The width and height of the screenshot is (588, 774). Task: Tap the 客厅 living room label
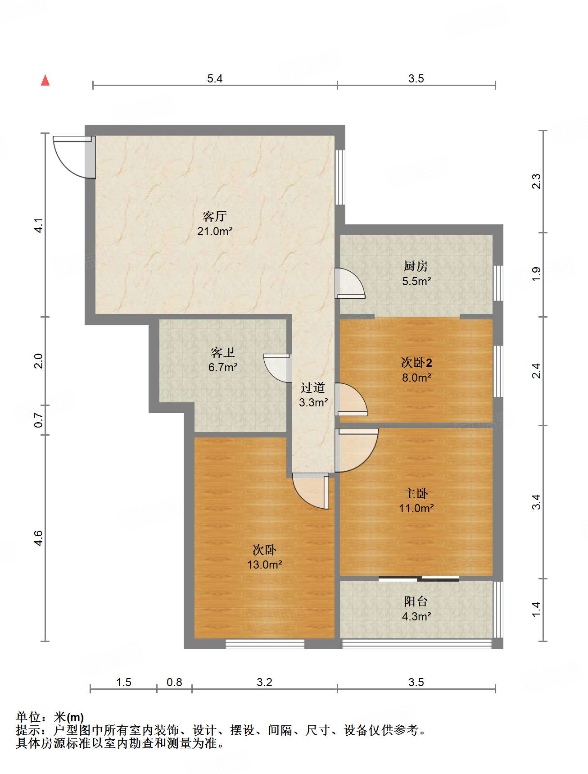click(214, 217)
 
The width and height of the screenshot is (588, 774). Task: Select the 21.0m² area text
click(215, 232)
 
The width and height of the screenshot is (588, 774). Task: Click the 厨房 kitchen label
click(416, 266)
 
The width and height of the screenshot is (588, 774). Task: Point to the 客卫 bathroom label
click(223, 352)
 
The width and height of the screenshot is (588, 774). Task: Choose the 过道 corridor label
click(313, 387)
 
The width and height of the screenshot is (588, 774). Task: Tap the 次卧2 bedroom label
click(417, 363)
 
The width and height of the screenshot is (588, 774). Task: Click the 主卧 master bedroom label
click(416, 494)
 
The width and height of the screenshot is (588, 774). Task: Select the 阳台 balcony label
click(416, 601)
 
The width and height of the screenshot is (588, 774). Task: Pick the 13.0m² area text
click(265, 565)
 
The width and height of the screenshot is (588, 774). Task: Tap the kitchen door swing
click(350, 283)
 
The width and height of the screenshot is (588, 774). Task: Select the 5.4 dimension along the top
click(215, 79)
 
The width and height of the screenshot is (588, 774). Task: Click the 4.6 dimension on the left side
click(39, 538)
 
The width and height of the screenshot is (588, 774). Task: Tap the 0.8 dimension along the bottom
click(174, 683)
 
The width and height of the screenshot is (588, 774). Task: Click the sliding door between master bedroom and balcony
click(419, 578)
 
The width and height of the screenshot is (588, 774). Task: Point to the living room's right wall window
click(340, 177)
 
